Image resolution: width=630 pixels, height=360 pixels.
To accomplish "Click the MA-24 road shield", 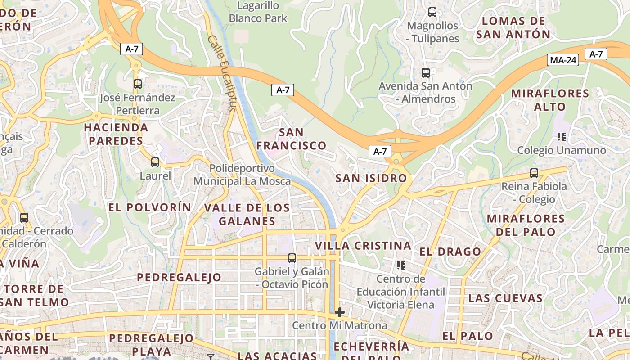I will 562,60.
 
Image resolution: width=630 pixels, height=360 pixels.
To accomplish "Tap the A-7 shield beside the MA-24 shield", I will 596,54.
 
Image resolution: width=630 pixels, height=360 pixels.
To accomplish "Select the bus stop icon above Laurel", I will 155,162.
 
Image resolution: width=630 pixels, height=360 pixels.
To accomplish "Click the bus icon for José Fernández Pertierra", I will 138,84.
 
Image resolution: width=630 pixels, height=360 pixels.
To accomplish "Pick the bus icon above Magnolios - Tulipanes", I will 432,12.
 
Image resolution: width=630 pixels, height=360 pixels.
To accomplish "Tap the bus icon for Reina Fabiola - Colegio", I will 534,173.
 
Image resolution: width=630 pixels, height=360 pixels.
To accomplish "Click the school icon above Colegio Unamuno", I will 561,136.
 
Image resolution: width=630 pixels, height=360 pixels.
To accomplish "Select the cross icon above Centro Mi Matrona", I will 340,312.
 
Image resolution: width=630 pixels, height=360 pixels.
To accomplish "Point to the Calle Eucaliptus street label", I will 222,73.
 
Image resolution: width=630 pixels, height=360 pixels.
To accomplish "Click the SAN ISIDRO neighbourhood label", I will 371,178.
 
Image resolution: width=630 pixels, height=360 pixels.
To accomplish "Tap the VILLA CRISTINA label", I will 363,246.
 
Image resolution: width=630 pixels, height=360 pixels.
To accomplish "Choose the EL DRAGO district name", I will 450,252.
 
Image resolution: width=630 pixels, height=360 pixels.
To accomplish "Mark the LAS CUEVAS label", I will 505,298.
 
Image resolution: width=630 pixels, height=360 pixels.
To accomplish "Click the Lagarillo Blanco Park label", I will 258,12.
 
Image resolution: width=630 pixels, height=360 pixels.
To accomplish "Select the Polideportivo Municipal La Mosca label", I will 242,175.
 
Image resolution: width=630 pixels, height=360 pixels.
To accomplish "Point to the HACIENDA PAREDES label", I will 116,134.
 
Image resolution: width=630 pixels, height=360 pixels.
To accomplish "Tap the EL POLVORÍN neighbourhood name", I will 150,207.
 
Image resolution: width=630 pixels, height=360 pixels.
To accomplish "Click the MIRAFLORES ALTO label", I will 550,100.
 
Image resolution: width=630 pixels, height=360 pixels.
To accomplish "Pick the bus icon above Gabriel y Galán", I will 292,258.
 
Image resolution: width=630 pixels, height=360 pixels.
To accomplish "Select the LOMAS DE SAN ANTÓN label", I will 513,27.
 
